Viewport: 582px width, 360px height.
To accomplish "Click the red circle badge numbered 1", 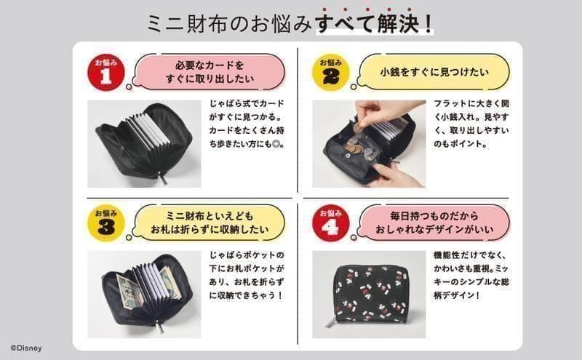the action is pyautogui.click(x=105, y=73).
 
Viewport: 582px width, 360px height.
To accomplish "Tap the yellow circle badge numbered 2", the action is pyautogui.click(x=331, y=73).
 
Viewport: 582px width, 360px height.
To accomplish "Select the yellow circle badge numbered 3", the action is pyautogui.click(x=106, y=223).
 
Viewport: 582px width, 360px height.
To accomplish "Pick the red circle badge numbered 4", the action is pyautogui.click(x=331, y=223).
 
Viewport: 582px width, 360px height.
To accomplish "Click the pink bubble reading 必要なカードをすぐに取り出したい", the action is pyautogui.click(x=210, y=72).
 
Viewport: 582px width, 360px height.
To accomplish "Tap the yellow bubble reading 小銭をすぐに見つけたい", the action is pyautogui.click(x=434, y=72).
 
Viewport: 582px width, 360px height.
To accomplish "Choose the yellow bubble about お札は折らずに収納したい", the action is pyautogui.click(x=210, y=223).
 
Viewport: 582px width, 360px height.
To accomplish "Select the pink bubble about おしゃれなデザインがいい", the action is pyautogui.click(x=434, y=223).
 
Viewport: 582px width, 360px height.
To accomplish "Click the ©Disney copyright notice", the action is pyautogui.click(x=26, y=348).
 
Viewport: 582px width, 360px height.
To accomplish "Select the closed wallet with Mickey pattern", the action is pyautogui.click(x=371, y=293).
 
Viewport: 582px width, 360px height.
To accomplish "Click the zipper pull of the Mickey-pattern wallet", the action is pyautogui.click(x=332, y=321).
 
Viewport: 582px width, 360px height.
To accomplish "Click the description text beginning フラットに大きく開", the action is pyautogui.click(x=471, y=124).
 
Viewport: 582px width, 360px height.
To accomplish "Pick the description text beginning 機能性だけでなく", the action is pyautogui.click(x=471, y=275).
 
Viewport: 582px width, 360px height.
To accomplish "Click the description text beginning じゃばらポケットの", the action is pyautogui.click(x=247, y=275).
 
